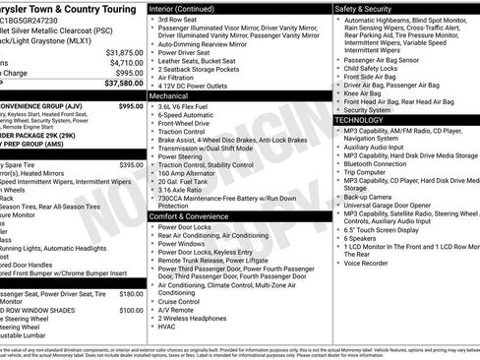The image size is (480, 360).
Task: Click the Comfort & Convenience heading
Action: (189, 215)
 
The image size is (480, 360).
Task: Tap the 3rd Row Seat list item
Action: (178, 20)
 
